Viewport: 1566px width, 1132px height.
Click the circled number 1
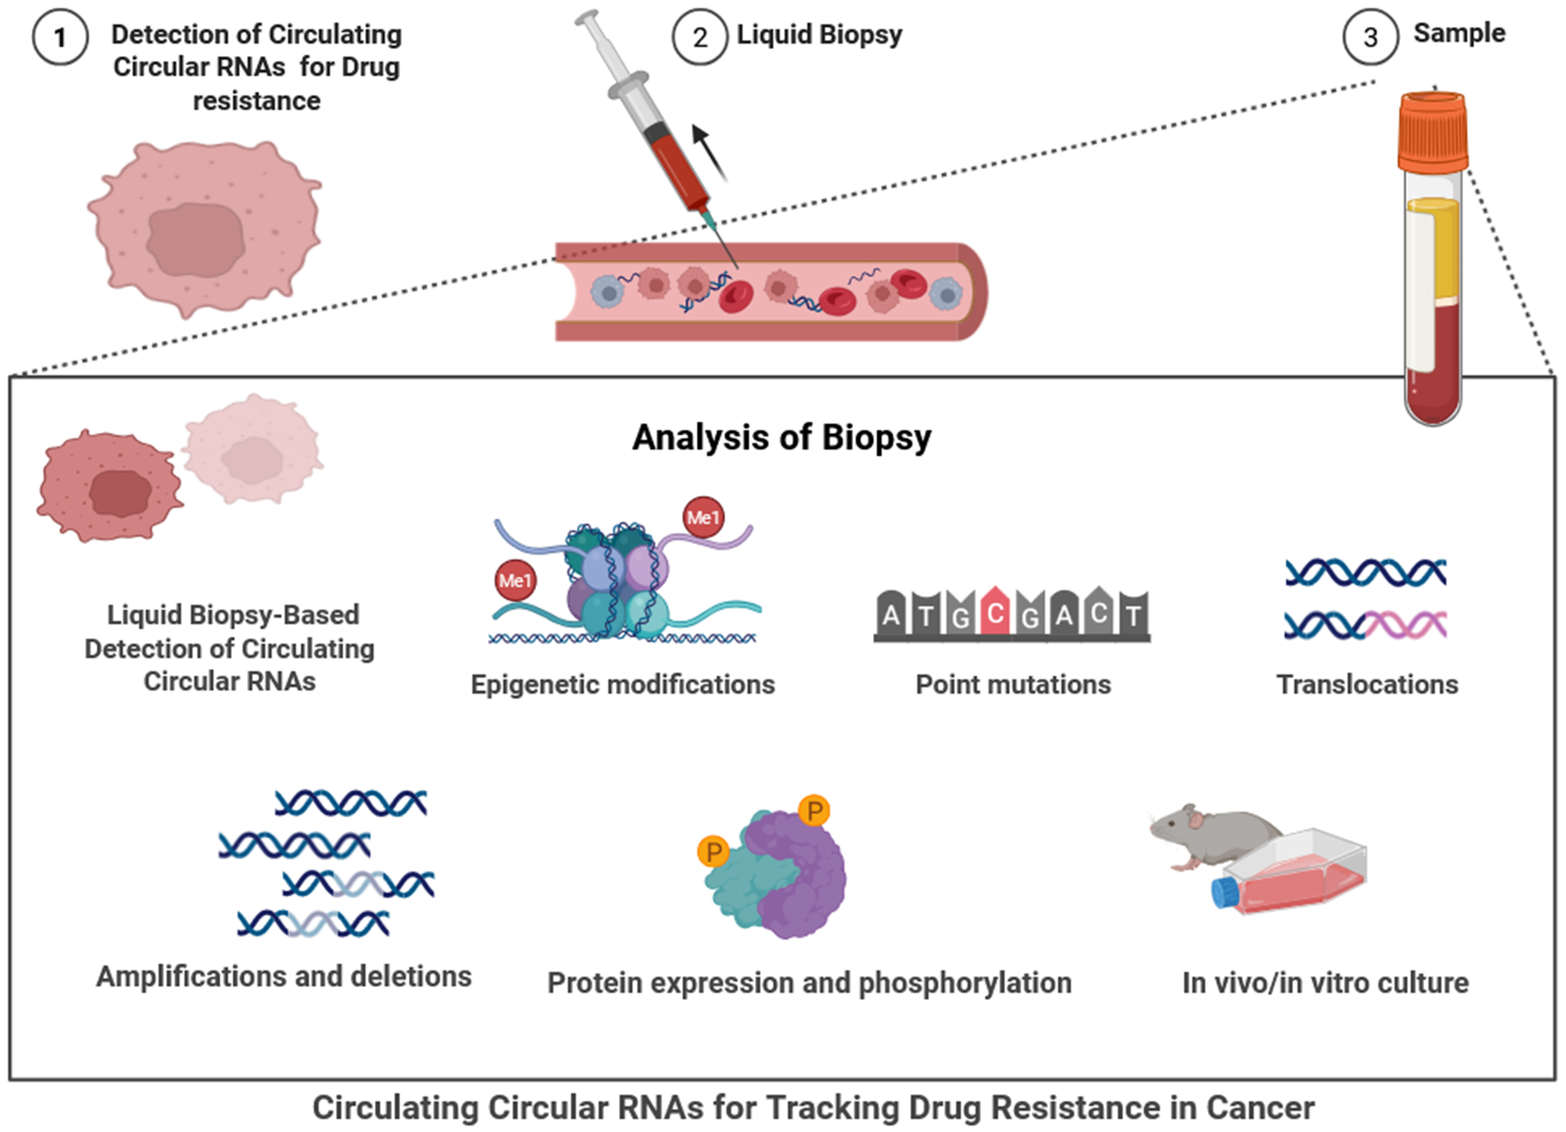(x=60, y=37)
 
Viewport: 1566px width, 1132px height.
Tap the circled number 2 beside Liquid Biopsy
(x=699, y=37)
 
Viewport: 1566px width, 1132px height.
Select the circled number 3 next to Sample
(x=1371, y=37)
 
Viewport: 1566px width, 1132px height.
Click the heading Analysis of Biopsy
(x=781, y=438)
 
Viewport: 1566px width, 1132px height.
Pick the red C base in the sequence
(x=995, y=612)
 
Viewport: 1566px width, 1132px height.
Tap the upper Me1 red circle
(x=703, y=517)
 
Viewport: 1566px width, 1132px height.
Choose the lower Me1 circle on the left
(x=515, y=581)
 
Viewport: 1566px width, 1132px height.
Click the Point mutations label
(x=1013, y=684)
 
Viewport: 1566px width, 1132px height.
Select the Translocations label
(x=1367, y=684)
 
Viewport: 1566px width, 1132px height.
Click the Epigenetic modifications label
(x=623, y=684)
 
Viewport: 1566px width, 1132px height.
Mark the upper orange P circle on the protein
(x=814, y=810)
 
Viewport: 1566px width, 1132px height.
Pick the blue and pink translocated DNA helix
(x=1366, y=625)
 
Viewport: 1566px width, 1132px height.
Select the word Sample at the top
(x=1459, y=33)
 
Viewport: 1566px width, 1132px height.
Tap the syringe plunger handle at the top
(x=587, y=21)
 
